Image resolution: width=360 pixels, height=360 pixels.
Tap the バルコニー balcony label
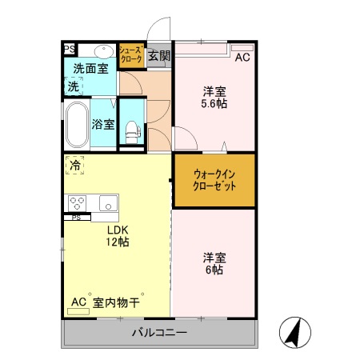click(159, 333)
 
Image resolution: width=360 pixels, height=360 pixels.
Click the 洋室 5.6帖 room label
click(214, 97)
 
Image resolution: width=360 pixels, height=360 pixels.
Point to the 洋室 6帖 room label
click(214, 263)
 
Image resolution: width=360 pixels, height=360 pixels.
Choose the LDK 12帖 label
click(118, 235)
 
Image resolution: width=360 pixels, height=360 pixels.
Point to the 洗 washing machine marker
click(73, 86)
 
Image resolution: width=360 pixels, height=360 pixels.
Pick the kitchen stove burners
click(78, 202)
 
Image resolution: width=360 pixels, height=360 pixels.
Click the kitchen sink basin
click(108, 202)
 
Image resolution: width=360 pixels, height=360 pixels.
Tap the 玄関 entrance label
click(159, 56)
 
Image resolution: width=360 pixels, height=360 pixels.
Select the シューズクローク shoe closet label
click(131, 54)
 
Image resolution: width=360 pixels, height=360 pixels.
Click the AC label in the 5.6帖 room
click(242, 57)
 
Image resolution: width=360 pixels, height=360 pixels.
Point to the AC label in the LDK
click(78, 302)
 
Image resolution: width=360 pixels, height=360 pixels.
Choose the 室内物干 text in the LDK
click(117, 302)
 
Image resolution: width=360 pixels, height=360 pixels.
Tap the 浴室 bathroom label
click(103, 124)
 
